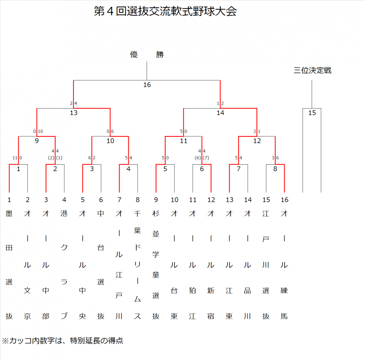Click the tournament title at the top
click(x=165, y=12)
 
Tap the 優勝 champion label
click(x=146, y=55)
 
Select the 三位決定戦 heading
click(x=312, y=70)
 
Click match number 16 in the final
click(x=147, y=85)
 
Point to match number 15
click(x=312, y=113)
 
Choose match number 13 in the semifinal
click(x=73, y=113)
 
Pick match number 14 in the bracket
click(x=220, y=113)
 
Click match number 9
click(x=36, y=141)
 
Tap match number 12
click(x=257, y=141)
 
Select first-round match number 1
click(x=18, y=169)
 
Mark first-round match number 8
click(x=275, y=169)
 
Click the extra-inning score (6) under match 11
click(x=198, y=157)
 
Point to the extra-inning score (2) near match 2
click(x=51, y=157)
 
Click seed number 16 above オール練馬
click(x=285, y=199)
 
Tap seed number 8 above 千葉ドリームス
click(x=138, y=199)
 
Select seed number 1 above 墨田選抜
click(x=9, y=199)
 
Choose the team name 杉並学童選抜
click(x=156, y=264)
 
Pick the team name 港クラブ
click(x=64, y=264)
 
